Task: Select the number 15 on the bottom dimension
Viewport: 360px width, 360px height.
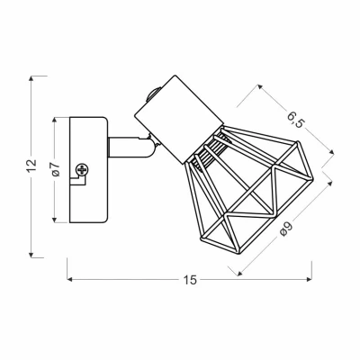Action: click(190, 280)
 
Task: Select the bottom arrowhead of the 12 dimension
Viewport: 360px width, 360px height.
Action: click(32, 255)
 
